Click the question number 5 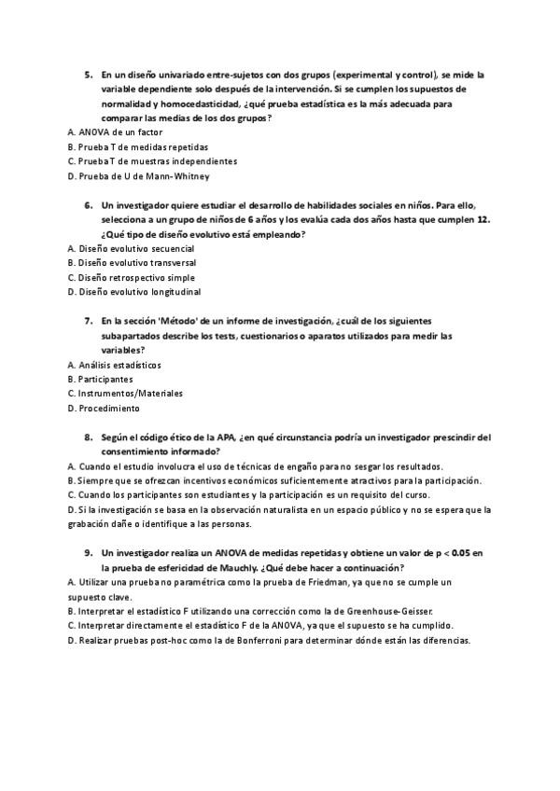[89, 74]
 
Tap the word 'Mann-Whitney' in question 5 [183, 175]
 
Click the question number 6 [89, 204]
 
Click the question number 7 [89, 321]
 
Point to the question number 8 [89, 437]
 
